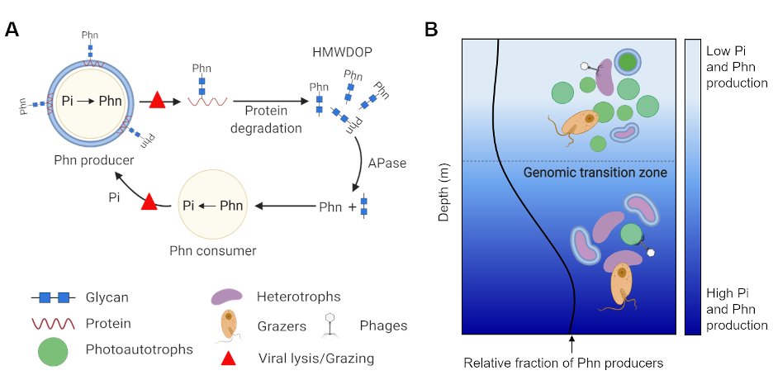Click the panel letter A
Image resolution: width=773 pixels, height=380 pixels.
click(12, 31)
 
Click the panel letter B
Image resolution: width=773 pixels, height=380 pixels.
click(431, 31)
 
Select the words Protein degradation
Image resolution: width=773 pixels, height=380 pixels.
click(265, 116)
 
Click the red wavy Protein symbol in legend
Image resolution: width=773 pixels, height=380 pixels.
click(52, 323)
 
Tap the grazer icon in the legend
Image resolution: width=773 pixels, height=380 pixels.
click(227, 325)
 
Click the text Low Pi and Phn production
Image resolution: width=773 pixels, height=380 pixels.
click(737, 68)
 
